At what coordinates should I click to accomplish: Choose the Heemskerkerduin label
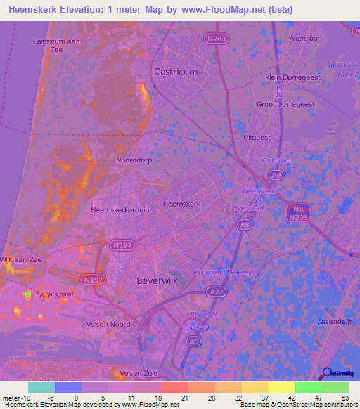tap(117, 209)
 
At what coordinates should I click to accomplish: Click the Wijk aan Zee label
tap(20, 260)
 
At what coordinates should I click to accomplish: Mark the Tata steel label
tap(53, 295)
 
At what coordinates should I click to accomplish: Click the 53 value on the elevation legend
tap(345, 397)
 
